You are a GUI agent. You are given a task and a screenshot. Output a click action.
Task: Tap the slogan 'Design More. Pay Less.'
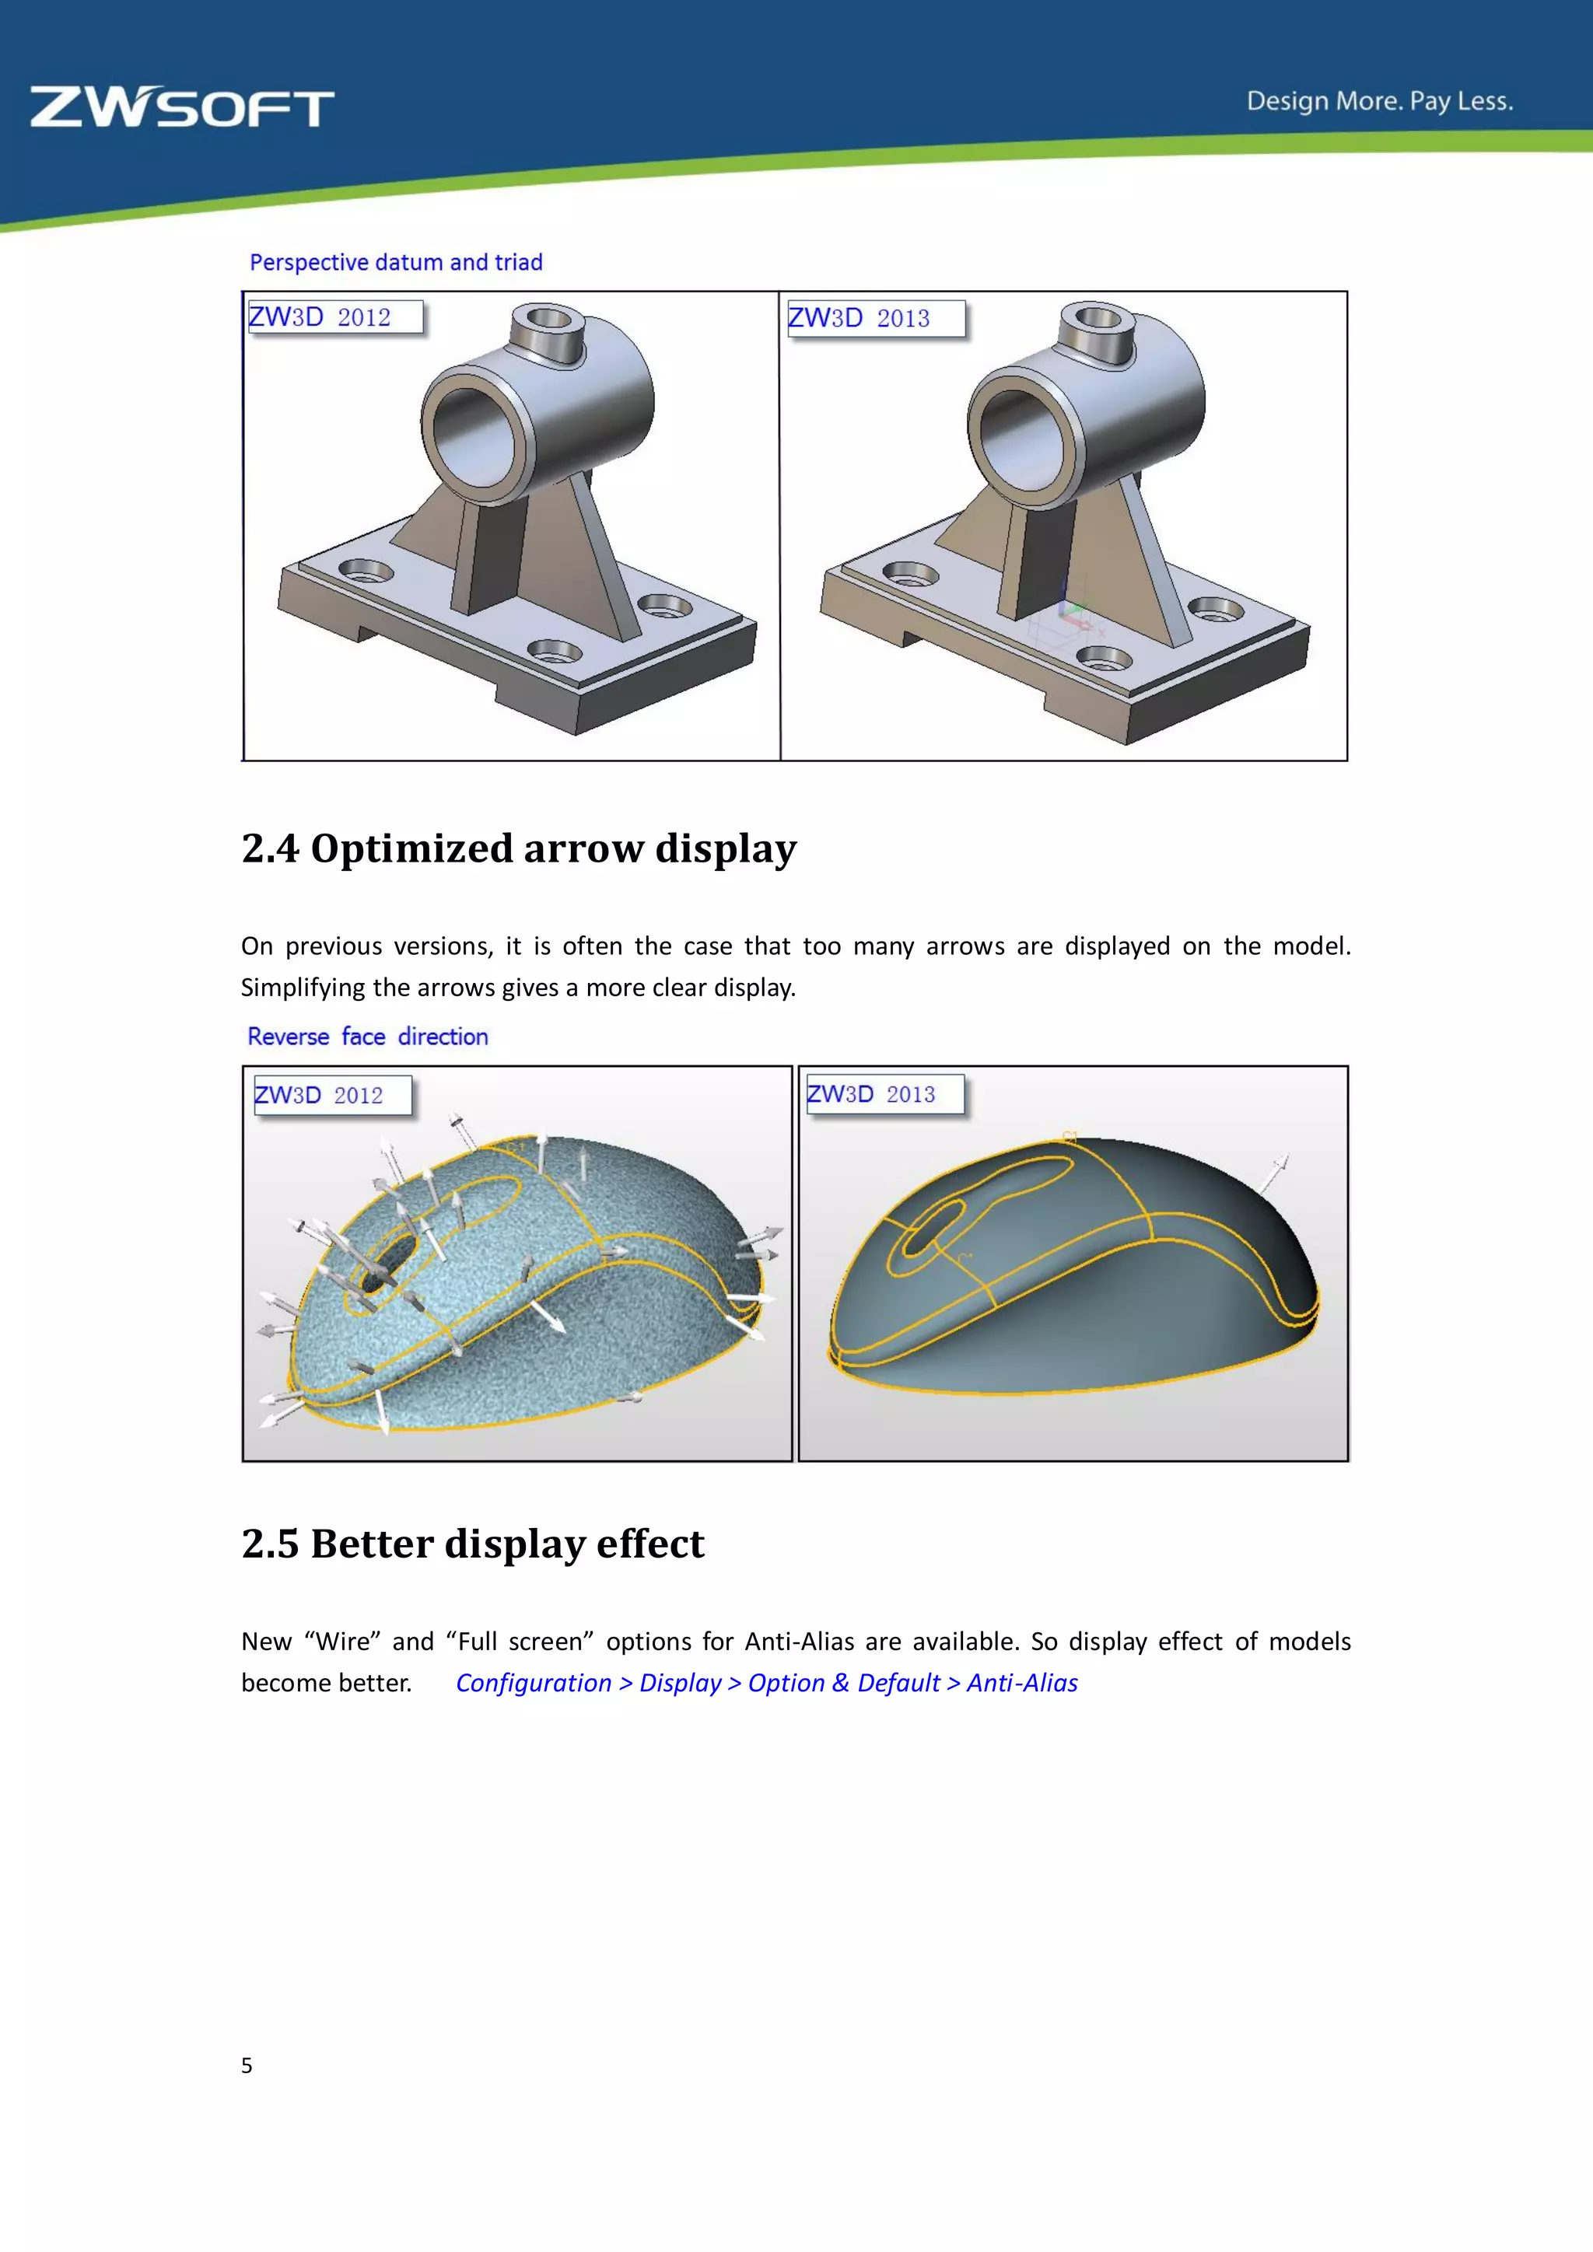coord(1379,101)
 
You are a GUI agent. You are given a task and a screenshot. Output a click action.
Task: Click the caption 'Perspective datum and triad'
coord(395,263)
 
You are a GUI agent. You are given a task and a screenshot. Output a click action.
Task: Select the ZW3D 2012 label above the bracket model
coord(334,316)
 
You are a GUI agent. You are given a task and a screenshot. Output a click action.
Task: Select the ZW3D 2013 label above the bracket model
coord(874,318)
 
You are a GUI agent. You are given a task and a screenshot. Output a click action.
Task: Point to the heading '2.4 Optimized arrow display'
coord(519,848)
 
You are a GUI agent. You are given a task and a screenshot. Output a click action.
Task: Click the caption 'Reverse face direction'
coord(368,1037)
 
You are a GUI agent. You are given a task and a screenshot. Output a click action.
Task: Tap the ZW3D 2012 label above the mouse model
coord(331,1096)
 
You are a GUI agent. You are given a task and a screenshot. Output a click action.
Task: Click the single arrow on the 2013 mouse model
coord(1274,1173)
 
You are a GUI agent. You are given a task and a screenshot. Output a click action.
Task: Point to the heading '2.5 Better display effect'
coord(473,1544)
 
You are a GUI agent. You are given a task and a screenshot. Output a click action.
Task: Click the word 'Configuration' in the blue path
coord(534,1683)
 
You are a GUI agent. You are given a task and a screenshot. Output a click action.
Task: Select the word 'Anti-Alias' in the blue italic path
coord(1022,1683)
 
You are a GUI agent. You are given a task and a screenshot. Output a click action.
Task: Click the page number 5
coord(247,2065)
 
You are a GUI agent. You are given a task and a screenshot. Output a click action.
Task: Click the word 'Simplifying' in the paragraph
coord(303,988)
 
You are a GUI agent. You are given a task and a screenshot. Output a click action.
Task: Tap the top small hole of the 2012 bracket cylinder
coord(549,318)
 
